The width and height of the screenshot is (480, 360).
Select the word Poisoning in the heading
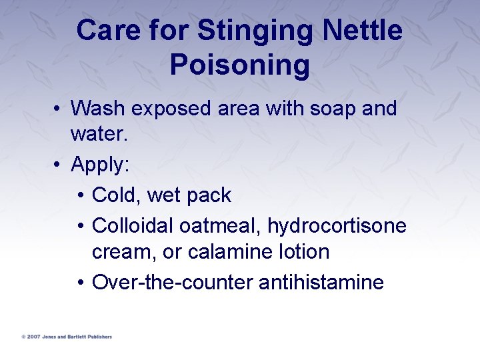point(240,65)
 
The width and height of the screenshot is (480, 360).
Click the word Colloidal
point(133,225)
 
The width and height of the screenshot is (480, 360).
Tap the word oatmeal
point(220,225)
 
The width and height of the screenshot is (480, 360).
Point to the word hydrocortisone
point(337,225)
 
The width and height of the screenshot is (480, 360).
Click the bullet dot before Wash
point(58,109)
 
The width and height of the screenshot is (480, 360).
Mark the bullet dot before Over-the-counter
point(79,283)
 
